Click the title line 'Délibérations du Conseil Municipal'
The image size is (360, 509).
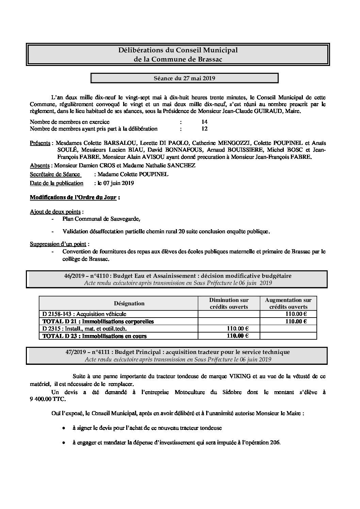tap(178, 50)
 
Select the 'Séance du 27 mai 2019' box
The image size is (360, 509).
tap(184, 78)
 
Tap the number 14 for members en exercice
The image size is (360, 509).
tap(204, 122)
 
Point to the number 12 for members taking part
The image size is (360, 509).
tap(204, 129)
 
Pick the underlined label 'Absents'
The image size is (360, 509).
tap(39, 165)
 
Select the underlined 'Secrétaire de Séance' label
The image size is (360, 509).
tap(55, 174)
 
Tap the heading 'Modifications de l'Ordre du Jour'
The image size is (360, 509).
tap(73, 197)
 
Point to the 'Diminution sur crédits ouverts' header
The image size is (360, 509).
tap(229, 303)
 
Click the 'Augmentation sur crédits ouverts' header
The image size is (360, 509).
tap(288, 303)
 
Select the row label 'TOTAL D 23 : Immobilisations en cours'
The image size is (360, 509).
tap(94, 336)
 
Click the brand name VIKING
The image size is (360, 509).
tap(251, 376)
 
